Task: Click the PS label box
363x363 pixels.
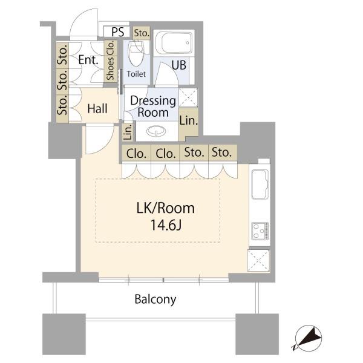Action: [x=117, y=31]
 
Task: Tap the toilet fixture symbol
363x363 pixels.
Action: [x=137, y=53]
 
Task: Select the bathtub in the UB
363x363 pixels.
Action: [x=174, y=43]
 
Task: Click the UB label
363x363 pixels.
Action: [x=179, y=65]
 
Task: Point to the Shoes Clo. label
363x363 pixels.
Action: [x=110, y=60]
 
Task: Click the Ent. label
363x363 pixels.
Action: [x=88, y=60]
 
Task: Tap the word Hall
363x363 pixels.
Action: [x=97, y=108]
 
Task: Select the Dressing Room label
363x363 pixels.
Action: [x=153, y=106]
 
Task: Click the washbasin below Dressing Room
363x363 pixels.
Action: [x=156, y=131]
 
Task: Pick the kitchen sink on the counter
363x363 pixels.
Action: [x=260, y=185]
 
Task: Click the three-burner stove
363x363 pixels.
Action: [x=260, y=231]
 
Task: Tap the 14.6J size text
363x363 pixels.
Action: [x=166, y=224]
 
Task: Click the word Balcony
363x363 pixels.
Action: [x=155, y=299]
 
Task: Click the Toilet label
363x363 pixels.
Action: [x=136, y=74]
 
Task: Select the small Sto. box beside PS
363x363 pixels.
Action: [x=142, y=33]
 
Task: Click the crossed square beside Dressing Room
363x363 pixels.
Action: [x=188, y=97]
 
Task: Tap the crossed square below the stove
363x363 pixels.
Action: [x=258, y=261]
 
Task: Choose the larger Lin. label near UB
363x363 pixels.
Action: [x=189, y=120]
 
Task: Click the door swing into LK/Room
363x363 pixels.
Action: [x=100, y=139]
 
